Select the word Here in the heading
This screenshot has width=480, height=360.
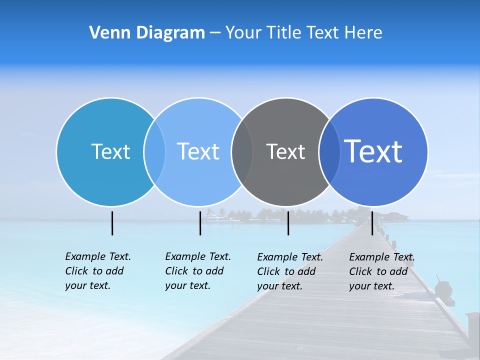coord(363,33)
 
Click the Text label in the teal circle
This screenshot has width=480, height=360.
coord(110,151)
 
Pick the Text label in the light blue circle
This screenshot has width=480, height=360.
coord(198,151)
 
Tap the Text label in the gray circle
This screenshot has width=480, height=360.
coord(285,151)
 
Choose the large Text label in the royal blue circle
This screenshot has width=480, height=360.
coord(373,151)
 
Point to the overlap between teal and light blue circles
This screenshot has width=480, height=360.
coord(154,151)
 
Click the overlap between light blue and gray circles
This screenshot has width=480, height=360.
coord(242,151)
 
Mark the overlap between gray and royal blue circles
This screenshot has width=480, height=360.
coord(329,151)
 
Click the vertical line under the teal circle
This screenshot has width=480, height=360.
coord(112,223)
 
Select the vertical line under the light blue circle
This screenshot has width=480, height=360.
coord(200,223)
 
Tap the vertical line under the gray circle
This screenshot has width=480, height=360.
coord(288,223)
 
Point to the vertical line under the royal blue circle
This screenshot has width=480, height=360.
coord(372,223)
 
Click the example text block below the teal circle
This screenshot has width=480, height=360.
coord(98,271)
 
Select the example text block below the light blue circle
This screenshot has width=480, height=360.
coord(198,271)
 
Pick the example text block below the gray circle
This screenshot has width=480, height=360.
coord(290,271)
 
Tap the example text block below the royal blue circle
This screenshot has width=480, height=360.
coord(382,271)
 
